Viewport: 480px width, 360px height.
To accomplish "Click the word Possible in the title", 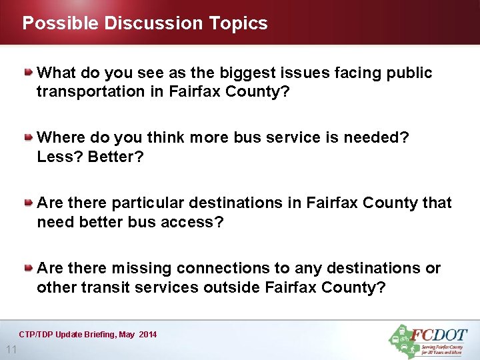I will (60, 23).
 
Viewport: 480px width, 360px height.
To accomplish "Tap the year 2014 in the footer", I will (148, 334).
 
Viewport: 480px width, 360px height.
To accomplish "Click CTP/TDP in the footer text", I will (37, 334).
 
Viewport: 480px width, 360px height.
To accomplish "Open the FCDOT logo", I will (428, 341).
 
